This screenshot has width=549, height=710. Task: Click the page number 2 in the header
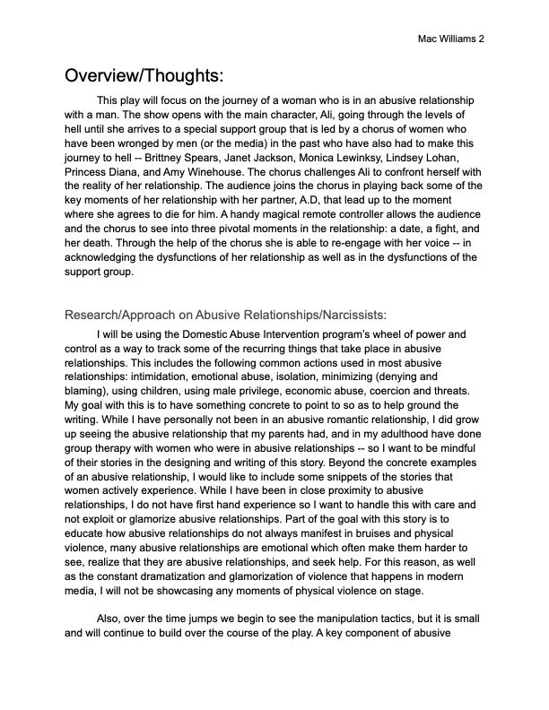point(482,39)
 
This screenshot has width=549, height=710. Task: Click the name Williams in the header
point(457,39)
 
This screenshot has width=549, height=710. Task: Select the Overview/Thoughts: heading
point(143,74)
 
